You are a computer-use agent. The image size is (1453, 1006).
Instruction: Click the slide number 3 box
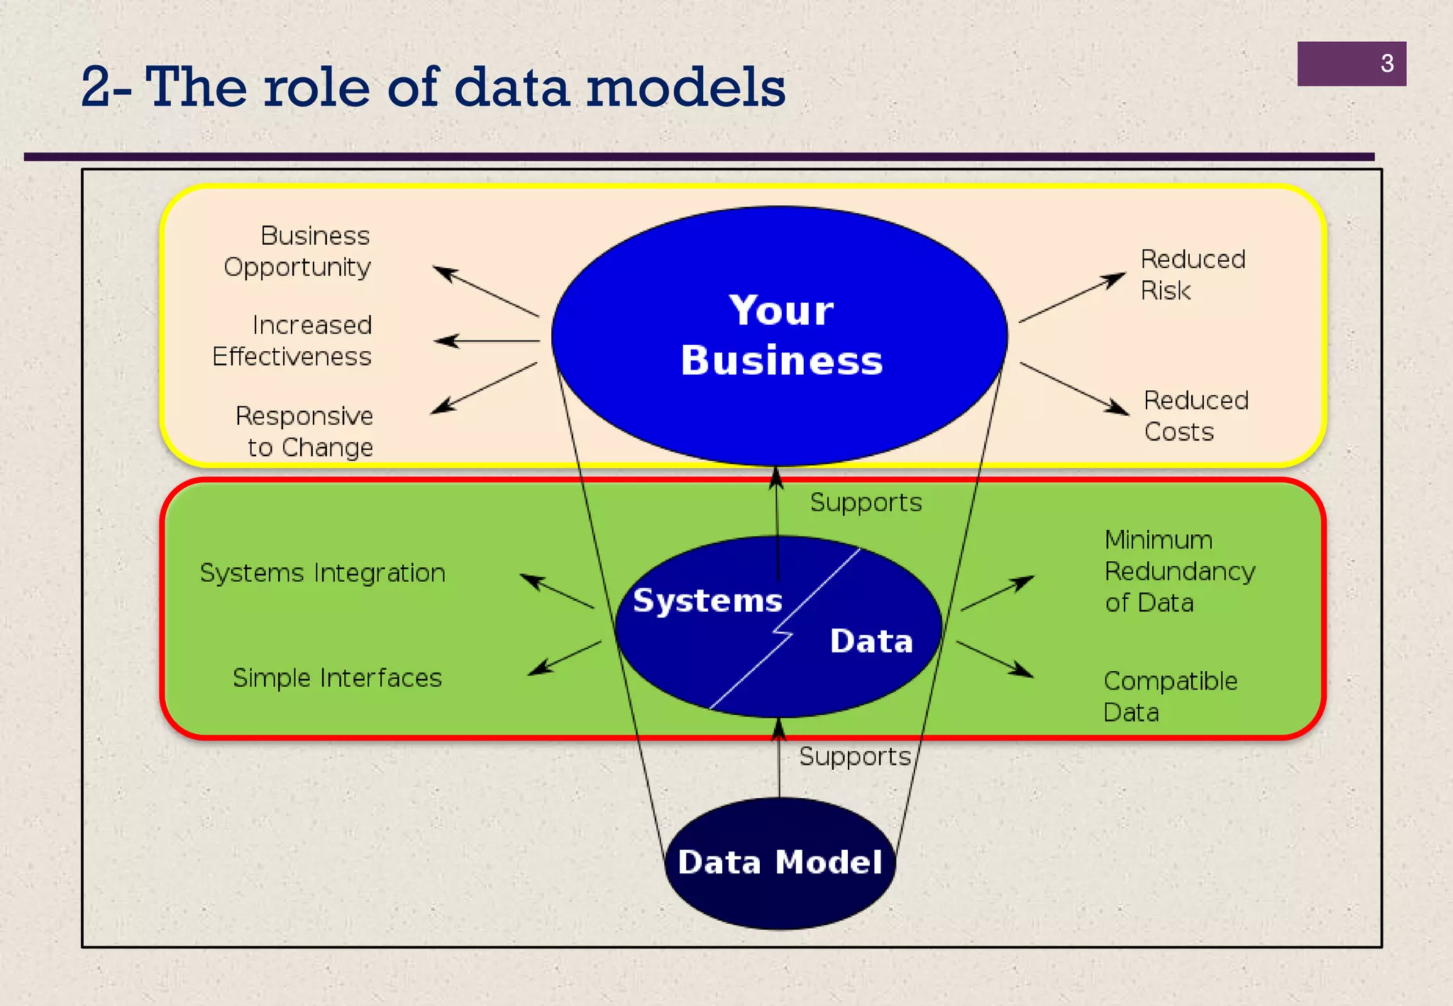point(1351,64)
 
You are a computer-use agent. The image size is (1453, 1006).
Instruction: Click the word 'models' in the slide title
point(686,88)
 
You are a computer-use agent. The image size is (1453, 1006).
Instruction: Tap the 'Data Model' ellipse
point(780,863)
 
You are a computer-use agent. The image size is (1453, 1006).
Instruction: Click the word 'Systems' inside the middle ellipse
point(707,601)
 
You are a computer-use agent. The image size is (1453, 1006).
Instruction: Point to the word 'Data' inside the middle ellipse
point(871,641)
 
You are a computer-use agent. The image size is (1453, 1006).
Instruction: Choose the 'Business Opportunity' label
point(298,251)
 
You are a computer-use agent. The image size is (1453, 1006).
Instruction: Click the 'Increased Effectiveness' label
point(292,341)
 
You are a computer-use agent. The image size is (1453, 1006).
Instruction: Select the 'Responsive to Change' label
point(305,431)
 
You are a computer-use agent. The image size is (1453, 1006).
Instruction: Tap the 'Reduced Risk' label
point(1192,275)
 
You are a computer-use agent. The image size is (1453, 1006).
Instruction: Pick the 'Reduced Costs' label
point(1195,416)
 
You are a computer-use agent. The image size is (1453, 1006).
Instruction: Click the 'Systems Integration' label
point(323,573)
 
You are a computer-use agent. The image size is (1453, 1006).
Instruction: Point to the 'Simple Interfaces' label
point(337,678)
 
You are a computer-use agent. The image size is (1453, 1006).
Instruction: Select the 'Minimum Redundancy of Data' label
point(1179,571)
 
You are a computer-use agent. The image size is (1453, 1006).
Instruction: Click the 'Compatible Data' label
point(1170,696)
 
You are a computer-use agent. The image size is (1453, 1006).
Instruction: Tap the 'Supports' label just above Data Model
point(854,756)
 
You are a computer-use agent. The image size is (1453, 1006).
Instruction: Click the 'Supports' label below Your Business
point(866,502)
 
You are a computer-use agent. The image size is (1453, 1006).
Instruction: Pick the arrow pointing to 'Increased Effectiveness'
point(487,341)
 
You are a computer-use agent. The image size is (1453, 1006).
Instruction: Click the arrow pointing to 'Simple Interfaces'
point(565,658)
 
